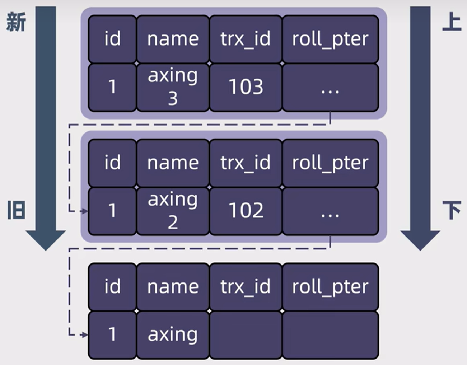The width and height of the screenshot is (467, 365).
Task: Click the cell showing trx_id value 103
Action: [246, 87]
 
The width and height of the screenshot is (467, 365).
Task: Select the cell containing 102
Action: [246, 211]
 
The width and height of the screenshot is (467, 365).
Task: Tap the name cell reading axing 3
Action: [173, 87]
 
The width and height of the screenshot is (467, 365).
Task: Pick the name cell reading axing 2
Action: [173, 211]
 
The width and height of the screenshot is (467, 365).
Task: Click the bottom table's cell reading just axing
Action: [173, 335]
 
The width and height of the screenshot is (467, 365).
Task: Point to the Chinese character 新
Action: [16, 22]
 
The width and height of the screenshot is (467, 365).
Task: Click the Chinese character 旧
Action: [16, 210]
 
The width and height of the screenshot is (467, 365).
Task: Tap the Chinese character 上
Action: [451, 22]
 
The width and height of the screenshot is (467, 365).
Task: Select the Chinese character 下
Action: [451, 210]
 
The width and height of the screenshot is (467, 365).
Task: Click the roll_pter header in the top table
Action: [330, 39]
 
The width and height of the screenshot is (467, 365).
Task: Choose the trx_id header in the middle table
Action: [246, 163]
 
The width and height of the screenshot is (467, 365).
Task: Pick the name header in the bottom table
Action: [173, 287]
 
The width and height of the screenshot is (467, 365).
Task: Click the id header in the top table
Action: [112, 39]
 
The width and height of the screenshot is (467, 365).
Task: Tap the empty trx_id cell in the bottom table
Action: [246, 335]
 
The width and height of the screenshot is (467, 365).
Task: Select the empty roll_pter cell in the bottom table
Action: [330, 335]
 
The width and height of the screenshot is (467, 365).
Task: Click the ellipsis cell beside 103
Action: [330, 87]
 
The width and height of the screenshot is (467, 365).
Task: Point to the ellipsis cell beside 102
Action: [330, 211]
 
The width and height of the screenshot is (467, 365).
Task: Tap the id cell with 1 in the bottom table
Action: [112, 335]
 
